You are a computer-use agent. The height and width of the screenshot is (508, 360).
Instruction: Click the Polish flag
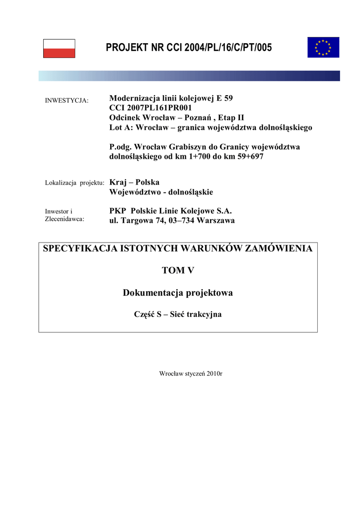59,49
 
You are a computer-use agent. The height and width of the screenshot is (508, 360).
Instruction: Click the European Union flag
323,47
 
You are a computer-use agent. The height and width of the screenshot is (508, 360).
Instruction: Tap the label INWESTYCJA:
67,101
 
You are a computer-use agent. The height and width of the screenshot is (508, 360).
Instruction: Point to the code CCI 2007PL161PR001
150,108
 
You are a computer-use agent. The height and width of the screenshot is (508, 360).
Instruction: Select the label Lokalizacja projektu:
74,183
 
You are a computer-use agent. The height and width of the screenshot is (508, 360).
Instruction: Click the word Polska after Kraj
147,182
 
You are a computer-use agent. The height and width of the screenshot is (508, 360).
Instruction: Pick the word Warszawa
216,221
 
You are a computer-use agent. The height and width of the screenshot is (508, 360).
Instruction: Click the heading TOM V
178,270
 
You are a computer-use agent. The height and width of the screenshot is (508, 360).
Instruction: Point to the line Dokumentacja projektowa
178,293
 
